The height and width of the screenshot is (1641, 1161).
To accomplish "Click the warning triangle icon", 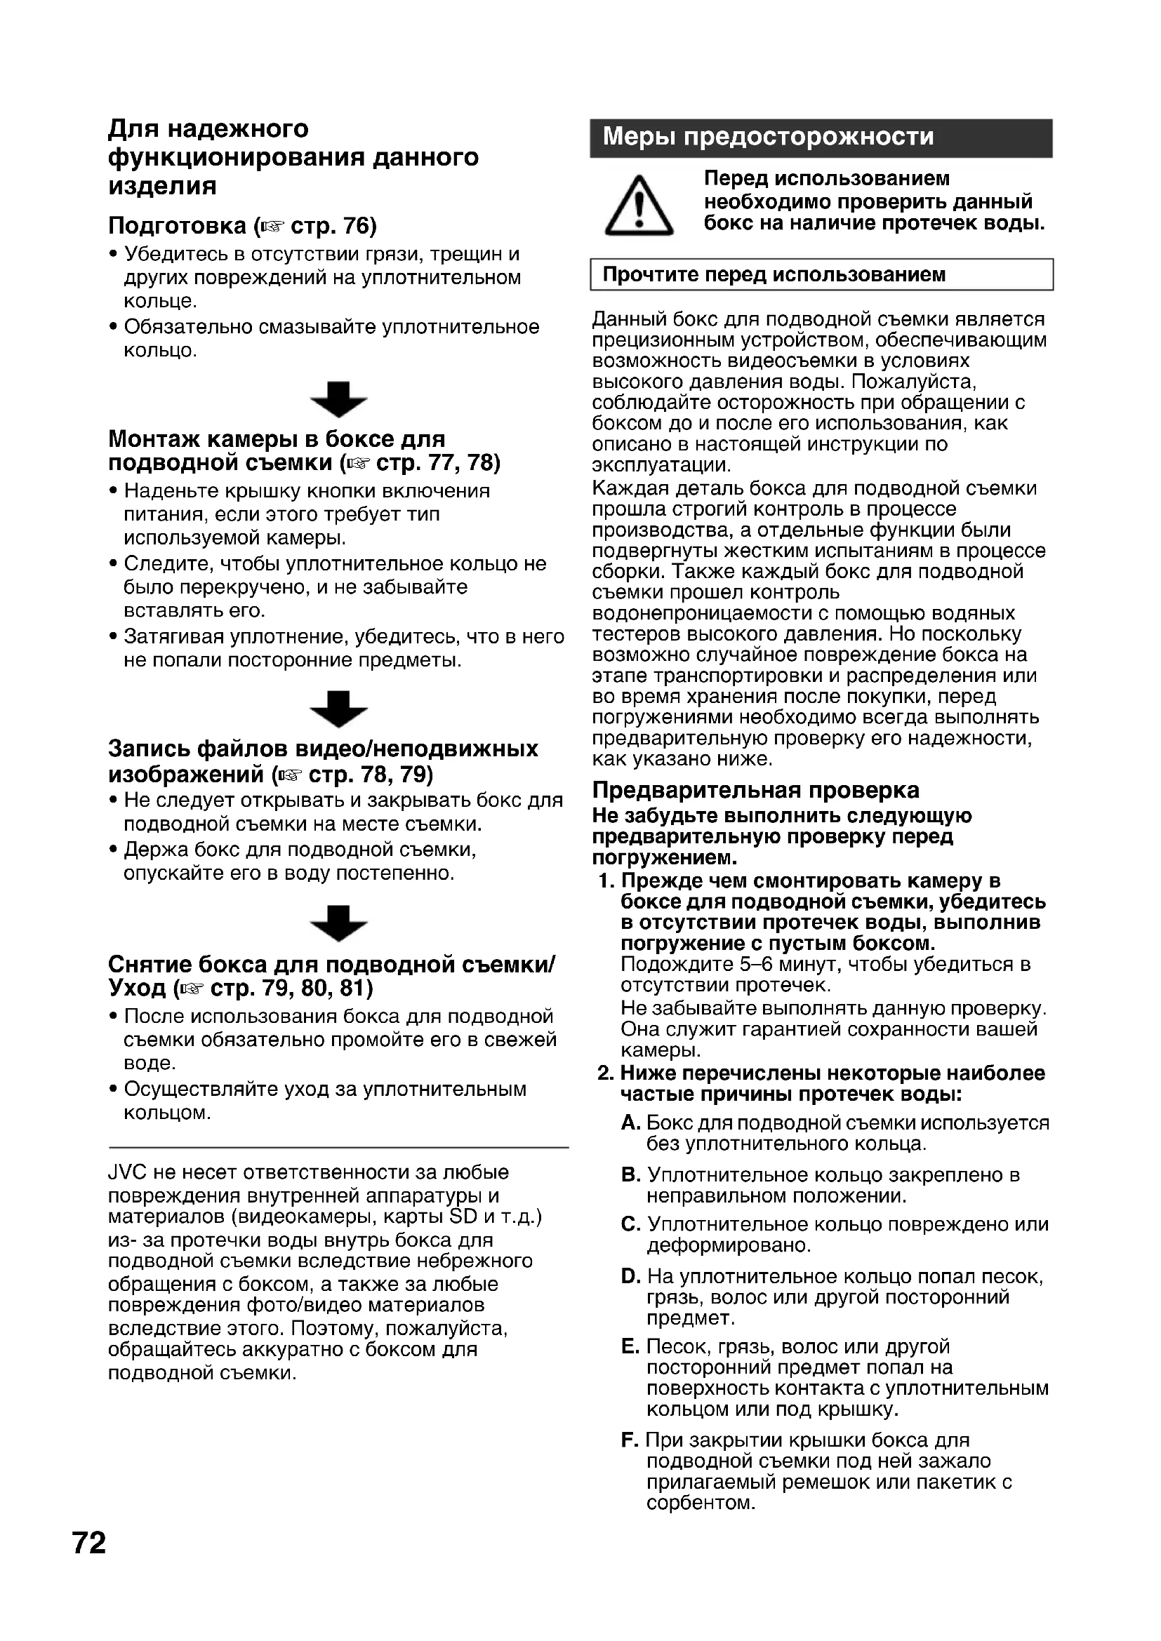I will click(x=638, y=207).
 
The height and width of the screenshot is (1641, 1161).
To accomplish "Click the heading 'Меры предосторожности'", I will click(x=768, y=137).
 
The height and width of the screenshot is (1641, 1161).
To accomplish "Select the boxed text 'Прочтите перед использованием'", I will click(x=774, y=274).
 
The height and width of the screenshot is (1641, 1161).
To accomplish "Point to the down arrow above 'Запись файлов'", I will click(x=339, y=709).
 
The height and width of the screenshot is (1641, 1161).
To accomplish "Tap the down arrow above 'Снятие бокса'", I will click(x=339, y=923).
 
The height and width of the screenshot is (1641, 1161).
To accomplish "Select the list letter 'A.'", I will click(x=630, y=1123).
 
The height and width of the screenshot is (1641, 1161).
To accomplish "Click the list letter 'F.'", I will click(x=630, y=1440).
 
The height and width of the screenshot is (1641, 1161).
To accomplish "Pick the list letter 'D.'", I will click(x=630, y=1276).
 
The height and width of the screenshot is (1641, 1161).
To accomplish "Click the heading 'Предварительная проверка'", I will click(x=756, y=790).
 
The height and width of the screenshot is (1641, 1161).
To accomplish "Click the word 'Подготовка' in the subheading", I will click(x=178, y=226).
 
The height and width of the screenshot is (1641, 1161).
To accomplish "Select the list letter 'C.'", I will click(x=630, y=1224).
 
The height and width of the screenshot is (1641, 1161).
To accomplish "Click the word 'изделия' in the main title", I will click(x=162, y=186).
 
